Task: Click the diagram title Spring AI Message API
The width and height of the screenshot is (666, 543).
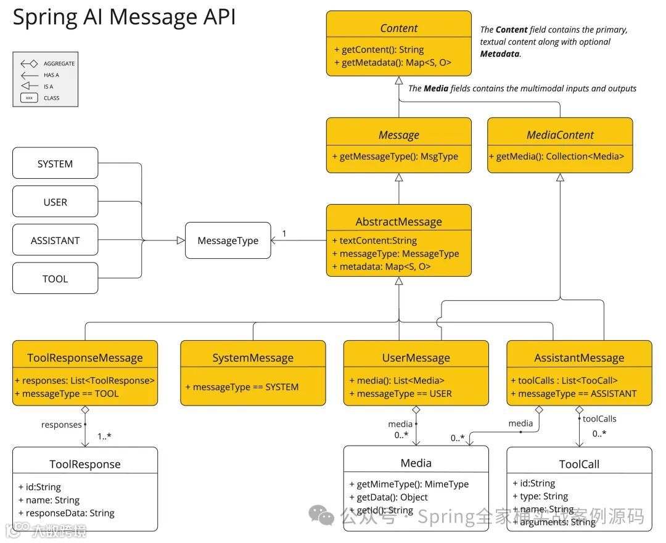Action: coord(124,17)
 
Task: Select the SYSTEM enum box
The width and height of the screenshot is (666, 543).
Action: coord(55,164)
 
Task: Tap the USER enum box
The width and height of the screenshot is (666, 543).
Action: coord(55,202)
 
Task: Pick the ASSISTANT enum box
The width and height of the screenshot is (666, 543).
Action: coord(55,240)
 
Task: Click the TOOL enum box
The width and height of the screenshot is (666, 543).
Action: coord(55,279)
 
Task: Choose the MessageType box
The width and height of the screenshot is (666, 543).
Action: coord(228,240)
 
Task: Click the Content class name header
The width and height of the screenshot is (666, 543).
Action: coord(398,28)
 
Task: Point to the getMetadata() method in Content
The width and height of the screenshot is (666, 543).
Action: coord(392,63)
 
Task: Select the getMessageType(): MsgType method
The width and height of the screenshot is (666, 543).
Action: coord(398,157)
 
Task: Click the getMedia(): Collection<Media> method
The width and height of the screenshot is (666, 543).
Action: coord(560,157)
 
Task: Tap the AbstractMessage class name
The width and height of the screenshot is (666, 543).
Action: coord(398,222)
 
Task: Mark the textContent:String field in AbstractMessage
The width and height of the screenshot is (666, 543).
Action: coord(374,241)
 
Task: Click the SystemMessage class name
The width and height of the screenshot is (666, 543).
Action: coord(253,358)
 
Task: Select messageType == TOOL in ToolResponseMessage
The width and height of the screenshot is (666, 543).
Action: coord(67,394)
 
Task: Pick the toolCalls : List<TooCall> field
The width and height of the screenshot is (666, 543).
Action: coord(564,381)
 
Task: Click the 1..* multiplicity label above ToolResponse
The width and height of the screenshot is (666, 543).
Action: coord(104,436)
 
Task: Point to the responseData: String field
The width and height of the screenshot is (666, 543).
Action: coord(67,513)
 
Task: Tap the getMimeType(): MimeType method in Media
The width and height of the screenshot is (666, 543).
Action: coord(409,484)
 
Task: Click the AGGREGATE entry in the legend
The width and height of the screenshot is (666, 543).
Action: coord(59,63)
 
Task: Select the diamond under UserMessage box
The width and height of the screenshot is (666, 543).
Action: coord(416,410)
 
